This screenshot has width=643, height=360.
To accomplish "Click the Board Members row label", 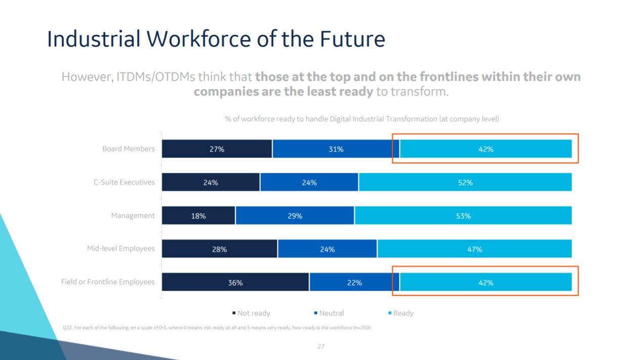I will click(x=128, y=149).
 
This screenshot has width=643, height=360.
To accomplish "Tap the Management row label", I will click(x=133, y=215).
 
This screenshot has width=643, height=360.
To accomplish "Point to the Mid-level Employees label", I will click(x=121, y=249).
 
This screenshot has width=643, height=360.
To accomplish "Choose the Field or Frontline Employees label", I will click(x=108, y=282).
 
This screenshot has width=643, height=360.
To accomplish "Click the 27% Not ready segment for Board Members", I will click(x=217, y=149).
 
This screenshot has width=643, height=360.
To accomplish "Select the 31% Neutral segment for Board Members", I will click(x=336, y=149).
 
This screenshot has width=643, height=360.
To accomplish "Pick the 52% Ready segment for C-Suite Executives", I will click(x=465, y=183).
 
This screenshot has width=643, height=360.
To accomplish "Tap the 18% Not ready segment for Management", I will click(x=198, y=216).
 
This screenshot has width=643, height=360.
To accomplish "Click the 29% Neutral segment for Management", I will click(x=295, y=216).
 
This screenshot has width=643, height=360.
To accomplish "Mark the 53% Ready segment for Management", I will click(x=463, y=216).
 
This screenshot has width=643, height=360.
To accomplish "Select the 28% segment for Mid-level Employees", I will click(x=220, y=249).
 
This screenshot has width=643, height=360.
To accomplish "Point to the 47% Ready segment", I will click(x=475, y=249).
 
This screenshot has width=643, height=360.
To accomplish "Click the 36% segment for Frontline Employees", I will click(x=235, y=283).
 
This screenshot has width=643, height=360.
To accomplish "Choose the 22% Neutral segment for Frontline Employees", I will click(x=354, y=283).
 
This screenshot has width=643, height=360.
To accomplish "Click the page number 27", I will click(x=321, y=346).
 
